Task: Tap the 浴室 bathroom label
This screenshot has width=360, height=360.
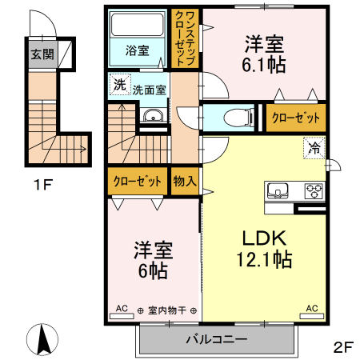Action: tap(137, 50)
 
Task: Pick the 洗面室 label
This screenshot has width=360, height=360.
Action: tap(149, 90)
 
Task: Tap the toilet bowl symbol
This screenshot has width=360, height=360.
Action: tap(234, 118)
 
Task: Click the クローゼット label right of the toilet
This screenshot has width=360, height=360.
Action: tap(296, 118)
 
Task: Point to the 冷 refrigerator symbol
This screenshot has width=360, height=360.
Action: tap(315, 147)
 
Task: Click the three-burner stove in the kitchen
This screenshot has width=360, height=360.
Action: tap(312, 190)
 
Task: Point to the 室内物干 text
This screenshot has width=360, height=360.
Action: tap(167, 310)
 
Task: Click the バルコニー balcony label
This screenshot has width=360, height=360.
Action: tap(216, 338)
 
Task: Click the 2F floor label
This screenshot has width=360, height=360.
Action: tap(343, 346)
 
